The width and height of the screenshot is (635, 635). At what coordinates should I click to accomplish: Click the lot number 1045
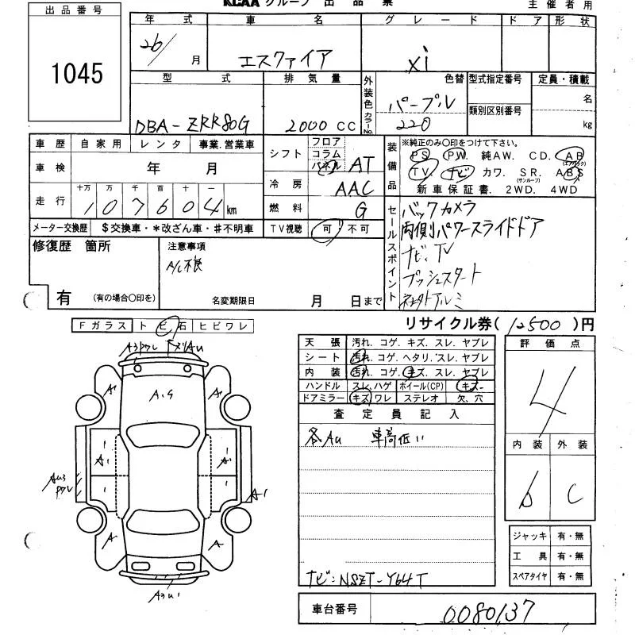(78, 74)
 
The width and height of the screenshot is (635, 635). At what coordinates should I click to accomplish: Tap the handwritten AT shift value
(361, 164)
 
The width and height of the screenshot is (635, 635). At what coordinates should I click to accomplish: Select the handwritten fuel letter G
(361, 210)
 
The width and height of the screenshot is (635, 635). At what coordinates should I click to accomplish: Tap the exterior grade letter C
(574, 496)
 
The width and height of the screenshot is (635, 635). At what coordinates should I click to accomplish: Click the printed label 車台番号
(330, 610)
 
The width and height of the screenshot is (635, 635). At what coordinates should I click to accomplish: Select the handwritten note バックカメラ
(440, 210)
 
